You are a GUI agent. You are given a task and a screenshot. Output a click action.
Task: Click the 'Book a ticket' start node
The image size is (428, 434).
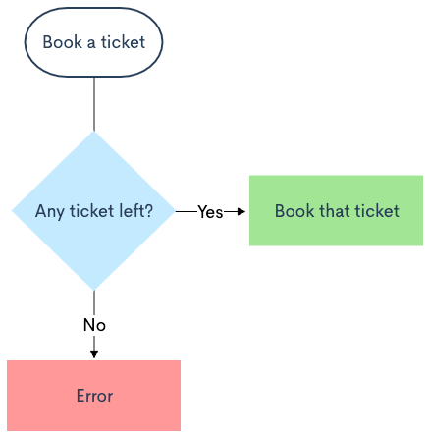pos(93,42)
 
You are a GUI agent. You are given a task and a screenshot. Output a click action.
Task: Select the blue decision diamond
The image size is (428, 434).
pos(94,211)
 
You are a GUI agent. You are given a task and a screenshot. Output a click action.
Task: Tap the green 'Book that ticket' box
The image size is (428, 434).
pos(336,210)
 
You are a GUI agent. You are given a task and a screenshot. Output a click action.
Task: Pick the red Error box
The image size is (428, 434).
pos(93,396)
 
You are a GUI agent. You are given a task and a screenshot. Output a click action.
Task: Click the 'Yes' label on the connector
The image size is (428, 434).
pos(210,212)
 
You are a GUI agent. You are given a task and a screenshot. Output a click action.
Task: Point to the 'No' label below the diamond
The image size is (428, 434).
pos(94,325)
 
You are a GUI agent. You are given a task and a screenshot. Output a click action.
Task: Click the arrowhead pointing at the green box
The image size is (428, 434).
pos(241,212)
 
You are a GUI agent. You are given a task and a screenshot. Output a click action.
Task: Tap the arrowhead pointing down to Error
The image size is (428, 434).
pos(94,354)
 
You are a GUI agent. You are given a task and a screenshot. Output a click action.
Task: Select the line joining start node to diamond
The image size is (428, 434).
pos(94,104)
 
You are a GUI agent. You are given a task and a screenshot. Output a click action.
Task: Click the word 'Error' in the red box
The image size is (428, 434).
pos(94,396)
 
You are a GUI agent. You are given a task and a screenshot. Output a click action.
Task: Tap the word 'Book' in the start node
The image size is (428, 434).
pos(62,42)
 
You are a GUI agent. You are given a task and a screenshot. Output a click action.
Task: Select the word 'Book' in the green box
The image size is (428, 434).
pos(294,210)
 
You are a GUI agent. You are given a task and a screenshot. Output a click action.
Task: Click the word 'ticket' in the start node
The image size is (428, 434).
pos(123,42)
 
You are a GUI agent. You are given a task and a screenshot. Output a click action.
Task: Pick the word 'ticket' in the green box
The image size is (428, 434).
pos(377,210)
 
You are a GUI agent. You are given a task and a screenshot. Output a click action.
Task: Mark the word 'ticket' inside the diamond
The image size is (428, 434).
pos(91,210)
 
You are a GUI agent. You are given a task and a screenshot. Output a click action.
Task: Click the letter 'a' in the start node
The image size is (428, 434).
pos(91,43)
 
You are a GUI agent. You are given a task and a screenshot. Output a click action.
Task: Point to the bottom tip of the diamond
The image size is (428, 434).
pos(94,291)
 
